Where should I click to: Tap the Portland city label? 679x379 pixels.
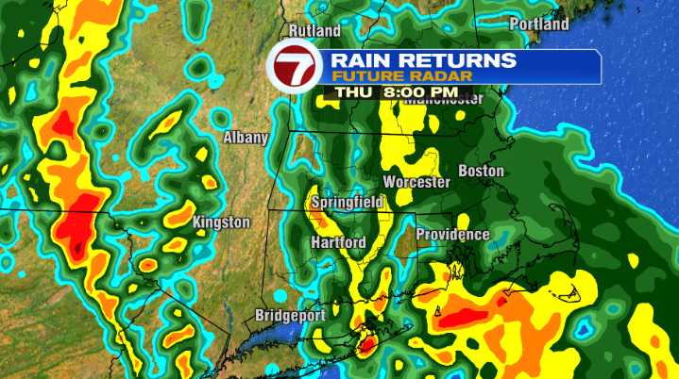point(539,24)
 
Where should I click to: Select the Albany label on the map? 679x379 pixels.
point(246,138)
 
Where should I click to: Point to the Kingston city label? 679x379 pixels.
point(221,222)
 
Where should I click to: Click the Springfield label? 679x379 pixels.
point(347,202)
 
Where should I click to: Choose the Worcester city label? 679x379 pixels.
point(416,182)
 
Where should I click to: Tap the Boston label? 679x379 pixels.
point(481,171)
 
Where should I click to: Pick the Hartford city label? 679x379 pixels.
point(338,242)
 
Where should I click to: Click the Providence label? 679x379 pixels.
point(453,234)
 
